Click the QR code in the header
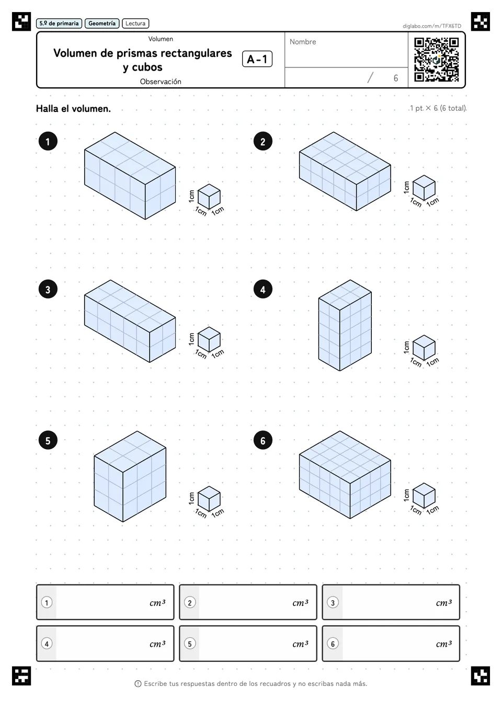pos(437,60)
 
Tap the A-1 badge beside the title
pos(257,59)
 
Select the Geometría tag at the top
pos(102,24)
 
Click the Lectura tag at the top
pos(135,24)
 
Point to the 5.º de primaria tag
pos(59,24)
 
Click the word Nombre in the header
pos(303,42)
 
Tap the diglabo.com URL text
pos(431,26)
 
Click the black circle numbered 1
pos(48,141)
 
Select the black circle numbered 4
pos(263,290)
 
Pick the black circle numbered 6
pos(263,441)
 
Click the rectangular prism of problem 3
pos(130,321)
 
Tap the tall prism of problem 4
pos(345,325)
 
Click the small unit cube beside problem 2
pos(424,188)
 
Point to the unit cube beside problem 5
pos(209,499)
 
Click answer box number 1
pos(105,602)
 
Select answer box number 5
pos(248,644)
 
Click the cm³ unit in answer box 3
pos(443,602)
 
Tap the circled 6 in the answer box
pos(333,644)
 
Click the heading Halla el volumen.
pos(73,109)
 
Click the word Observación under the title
pos(161,82)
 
